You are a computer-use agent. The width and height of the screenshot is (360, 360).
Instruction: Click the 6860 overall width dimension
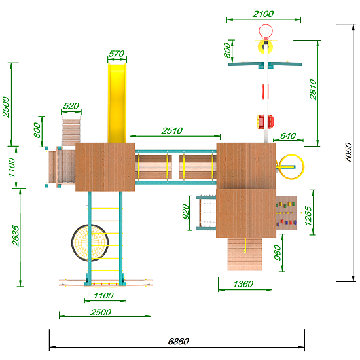click(x=179, y=342)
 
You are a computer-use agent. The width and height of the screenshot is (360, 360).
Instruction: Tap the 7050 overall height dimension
click(x=348, y=153)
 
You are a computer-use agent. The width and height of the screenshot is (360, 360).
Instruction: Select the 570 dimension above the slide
click(x=117, y=54)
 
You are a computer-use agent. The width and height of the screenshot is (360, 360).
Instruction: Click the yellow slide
click(x=117, y=103)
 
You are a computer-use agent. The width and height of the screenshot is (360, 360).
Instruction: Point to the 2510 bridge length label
click(x=171, y=131)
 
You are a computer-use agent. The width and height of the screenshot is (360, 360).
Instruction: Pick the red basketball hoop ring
click(x=266, y=31)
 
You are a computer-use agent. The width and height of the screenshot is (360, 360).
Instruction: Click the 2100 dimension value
click(x=263, y=14)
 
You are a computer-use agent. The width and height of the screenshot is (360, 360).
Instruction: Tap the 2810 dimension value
click(x=313, y=90)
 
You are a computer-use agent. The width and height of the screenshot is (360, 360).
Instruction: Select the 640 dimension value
click(x=288, y=136)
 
